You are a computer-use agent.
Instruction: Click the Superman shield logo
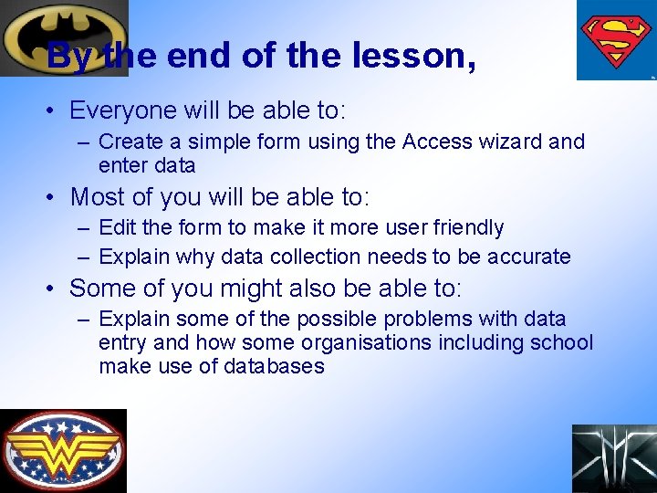(x=616, y=40)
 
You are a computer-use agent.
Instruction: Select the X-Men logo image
(x=614, y=458)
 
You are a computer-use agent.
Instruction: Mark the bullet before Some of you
(x=55, y=289)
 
